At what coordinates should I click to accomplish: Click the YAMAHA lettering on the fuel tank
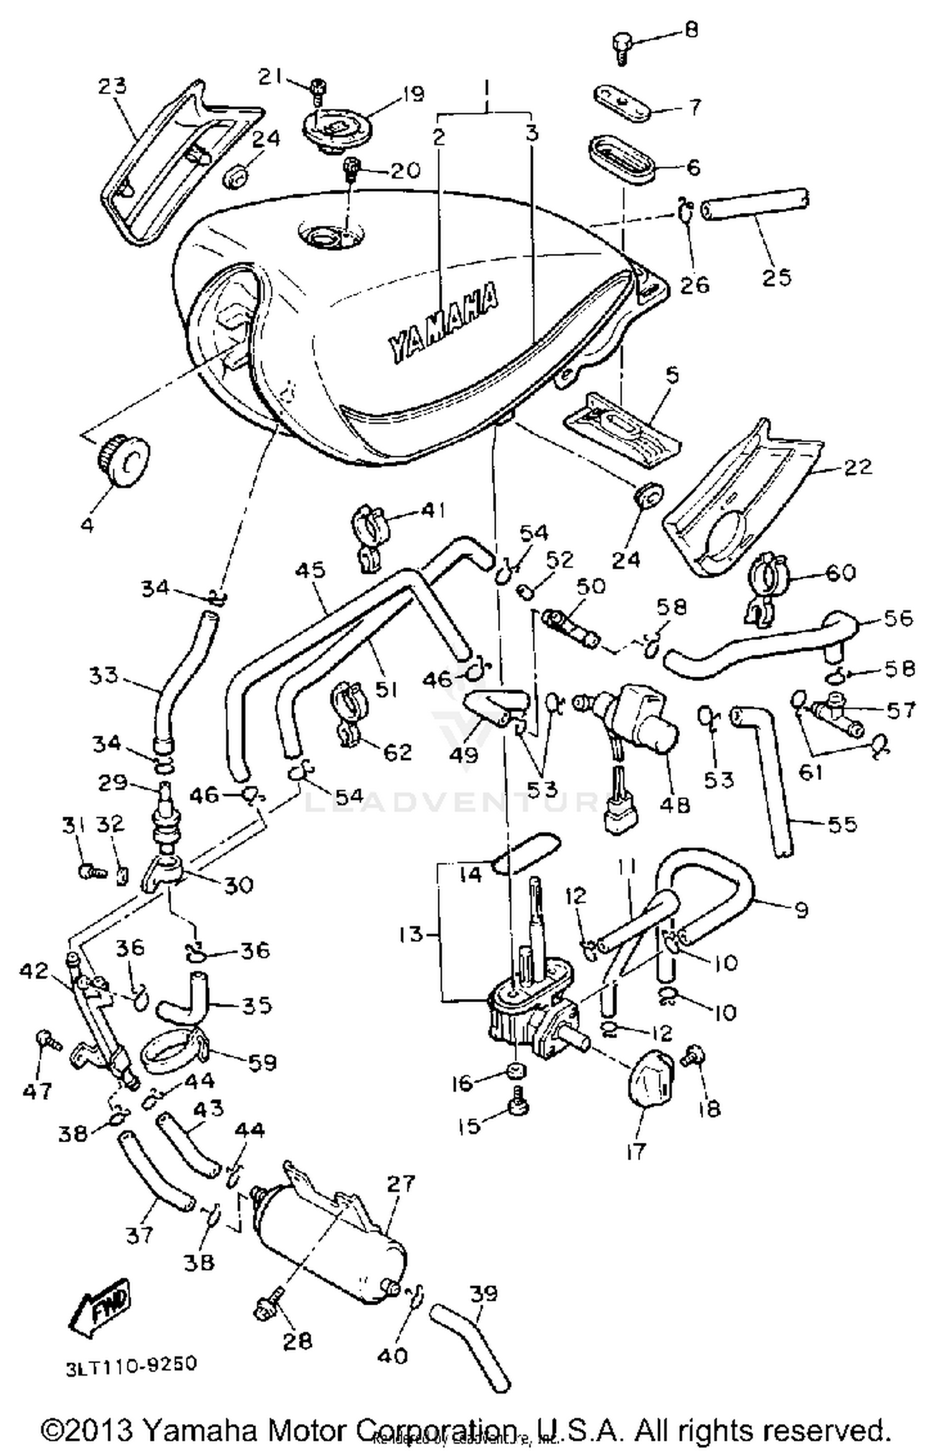click(443, 323)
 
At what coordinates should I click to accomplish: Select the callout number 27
click(400, 1183)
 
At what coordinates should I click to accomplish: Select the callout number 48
click(674, 804)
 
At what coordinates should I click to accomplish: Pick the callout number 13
click(412, 934)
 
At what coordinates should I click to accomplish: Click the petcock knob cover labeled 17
click(649, 1079)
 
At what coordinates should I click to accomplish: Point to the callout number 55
click(842, 823)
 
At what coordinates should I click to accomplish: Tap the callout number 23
click(112, 85)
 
